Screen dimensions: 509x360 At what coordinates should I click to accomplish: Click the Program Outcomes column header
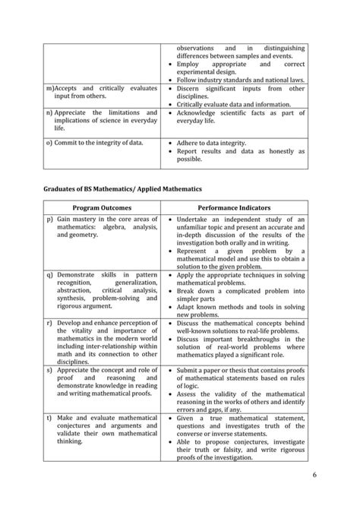(102, 207)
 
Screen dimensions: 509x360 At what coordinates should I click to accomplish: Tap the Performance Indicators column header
(235, 207)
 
